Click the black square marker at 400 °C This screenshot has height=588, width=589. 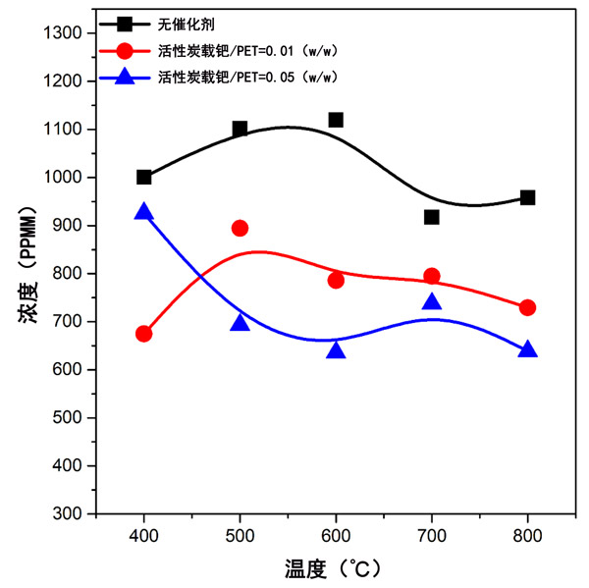pyautogui.click(x=144, y=178)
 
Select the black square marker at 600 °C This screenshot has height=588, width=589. pyautogui.click(x=336, y=120)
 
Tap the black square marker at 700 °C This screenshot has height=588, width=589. pyautogui.click(x=432, y=217)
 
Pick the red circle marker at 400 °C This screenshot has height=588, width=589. pyautogui.click(x=144, y=334)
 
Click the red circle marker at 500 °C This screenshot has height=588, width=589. pyautogui.click(x=241, y=228)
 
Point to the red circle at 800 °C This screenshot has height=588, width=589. pyautogui.click(x=528, y=307)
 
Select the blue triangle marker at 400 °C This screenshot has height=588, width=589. pyautogui.click(x=144, y=212)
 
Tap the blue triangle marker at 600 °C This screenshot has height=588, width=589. pyautogui.click(x=336, y=350)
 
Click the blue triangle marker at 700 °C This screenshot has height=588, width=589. pyautogui.click(x=432, y=302)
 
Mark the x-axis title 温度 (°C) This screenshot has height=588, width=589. pyautogui.click(x=335, y=567)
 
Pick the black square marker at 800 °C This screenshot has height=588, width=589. pyautogui.click(x=528, y=197)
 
